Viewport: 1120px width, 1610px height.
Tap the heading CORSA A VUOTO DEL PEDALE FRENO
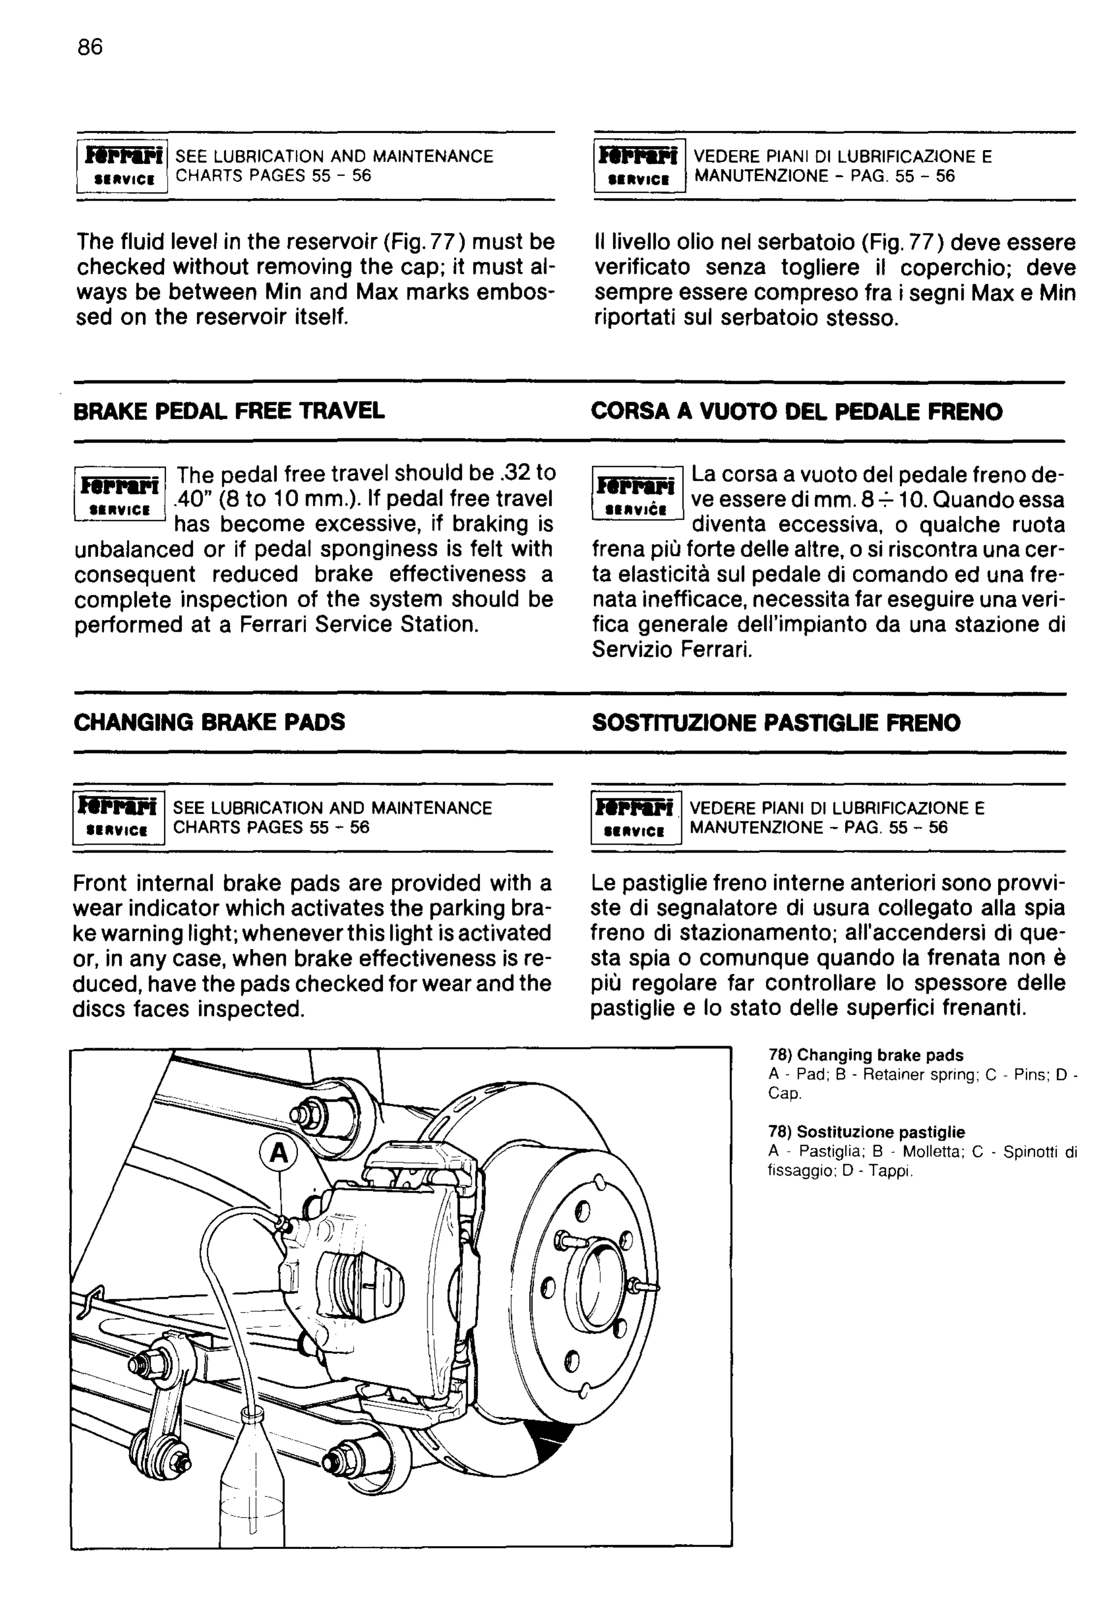click(797, 412)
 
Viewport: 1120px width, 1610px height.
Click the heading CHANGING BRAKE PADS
click(209, 722)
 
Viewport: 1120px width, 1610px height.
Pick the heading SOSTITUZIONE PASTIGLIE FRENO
click(776, 723)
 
